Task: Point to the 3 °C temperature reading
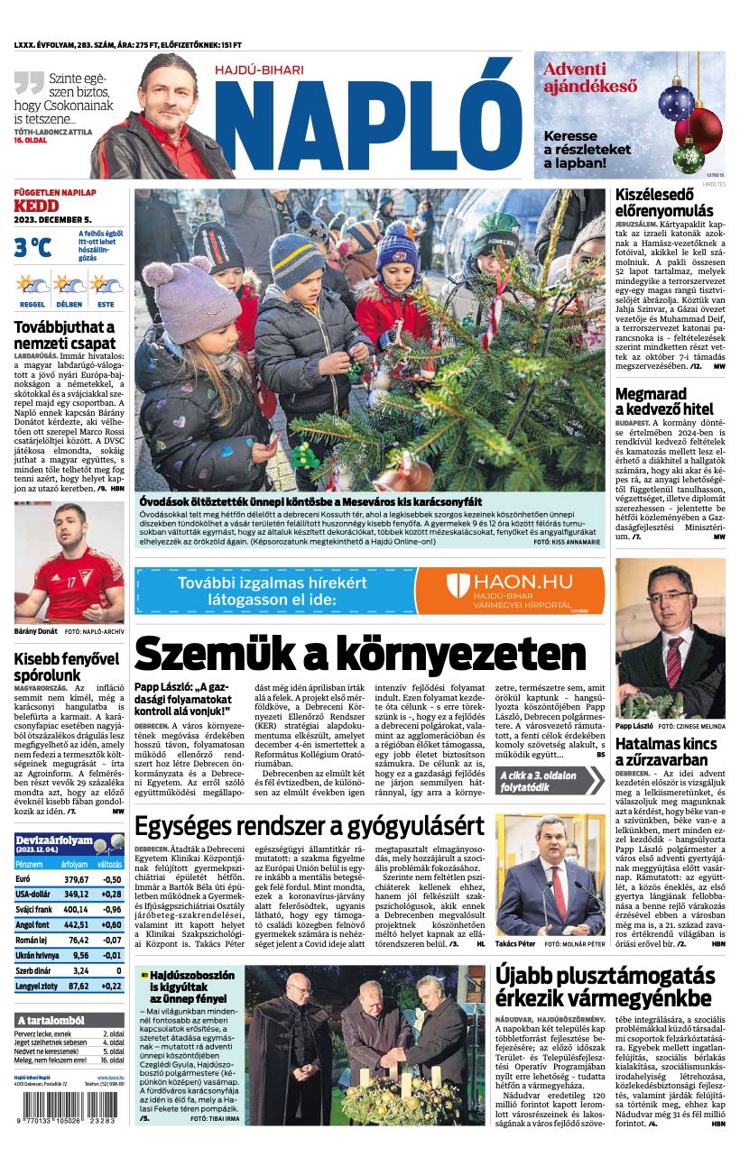pos(32,246)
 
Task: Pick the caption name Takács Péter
pos(515,942)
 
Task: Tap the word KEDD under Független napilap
pos(36,207)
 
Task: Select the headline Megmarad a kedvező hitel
pos(663,400)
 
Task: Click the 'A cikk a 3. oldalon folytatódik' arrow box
pos(549,781)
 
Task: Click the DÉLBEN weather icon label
pos(69,304)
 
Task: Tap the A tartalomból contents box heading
pos(51,1020)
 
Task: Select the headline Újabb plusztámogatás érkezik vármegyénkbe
pos(605,987)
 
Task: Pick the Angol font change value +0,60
pos(111,924)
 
